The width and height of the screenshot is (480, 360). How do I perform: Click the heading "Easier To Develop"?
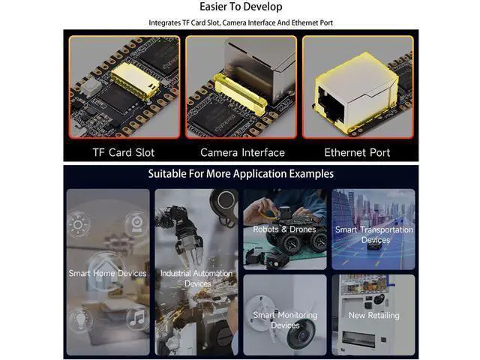[x=241, y=7]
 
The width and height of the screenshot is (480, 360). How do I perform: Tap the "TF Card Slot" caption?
[x=124, y=152]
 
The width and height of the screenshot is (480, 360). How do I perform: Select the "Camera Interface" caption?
[x=242, y=152]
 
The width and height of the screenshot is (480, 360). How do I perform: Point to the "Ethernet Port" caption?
[x=357, y=152]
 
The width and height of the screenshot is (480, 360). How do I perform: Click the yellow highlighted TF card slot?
[x=135, y=81]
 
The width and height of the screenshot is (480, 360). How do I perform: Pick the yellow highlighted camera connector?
[x=240, y=94]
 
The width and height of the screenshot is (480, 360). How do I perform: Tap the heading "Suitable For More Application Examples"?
[x=241, y=174]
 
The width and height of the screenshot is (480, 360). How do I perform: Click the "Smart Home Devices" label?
[x=108, y=273]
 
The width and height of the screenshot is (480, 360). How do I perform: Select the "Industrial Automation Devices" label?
[x=196, y=278]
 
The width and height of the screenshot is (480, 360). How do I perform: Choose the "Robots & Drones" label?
[x=284, y=229]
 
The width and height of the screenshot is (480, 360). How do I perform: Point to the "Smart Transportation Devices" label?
[x=374, y=235]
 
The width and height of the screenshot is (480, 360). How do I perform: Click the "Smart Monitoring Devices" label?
[x=285, y=320]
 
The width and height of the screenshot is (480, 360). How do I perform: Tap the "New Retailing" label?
[x=374, y=315]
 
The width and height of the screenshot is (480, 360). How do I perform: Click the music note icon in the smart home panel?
[x=136, y=318]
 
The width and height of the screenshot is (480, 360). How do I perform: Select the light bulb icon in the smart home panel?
[x=80, y=320]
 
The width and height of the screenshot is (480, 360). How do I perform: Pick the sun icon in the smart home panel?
[x=78, y=225]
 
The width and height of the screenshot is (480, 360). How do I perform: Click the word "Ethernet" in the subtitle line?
[x=305, y=22]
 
